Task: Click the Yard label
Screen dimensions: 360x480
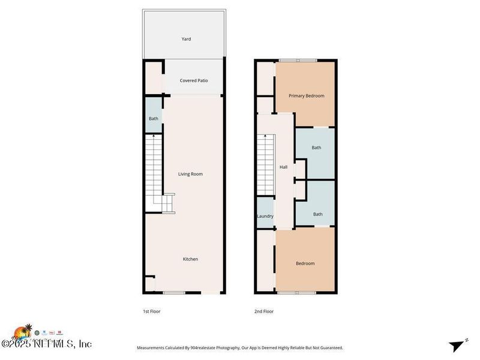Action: [186, 39]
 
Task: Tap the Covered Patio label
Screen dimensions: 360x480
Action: [194, 80]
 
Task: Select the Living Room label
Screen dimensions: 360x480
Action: [190, 174]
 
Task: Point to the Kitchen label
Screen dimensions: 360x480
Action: [190, 259]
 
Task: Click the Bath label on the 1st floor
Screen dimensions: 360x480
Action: [154, 119]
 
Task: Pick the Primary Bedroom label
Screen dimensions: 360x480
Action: [306, 96]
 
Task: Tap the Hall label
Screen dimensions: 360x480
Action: [283, 167]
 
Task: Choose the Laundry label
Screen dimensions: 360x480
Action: [265, 216]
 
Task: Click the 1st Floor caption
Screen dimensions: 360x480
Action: [152, 311]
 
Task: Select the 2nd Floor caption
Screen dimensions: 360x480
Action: [264, 311]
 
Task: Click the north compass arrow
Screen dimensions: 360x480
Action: [457, 345]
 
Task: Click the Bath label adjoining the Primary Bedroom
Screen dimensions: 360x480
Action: [316, 148]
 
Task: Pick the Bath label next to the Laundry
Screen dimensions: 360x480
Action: [317, 214]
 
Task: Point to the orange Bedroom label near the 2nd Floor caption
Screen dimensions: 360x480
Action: [305, 263]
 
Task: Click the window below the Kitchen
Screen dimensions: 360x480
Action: [174, 292]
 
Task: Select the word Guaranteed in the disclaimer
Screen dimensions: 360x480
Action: [328, 348]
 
